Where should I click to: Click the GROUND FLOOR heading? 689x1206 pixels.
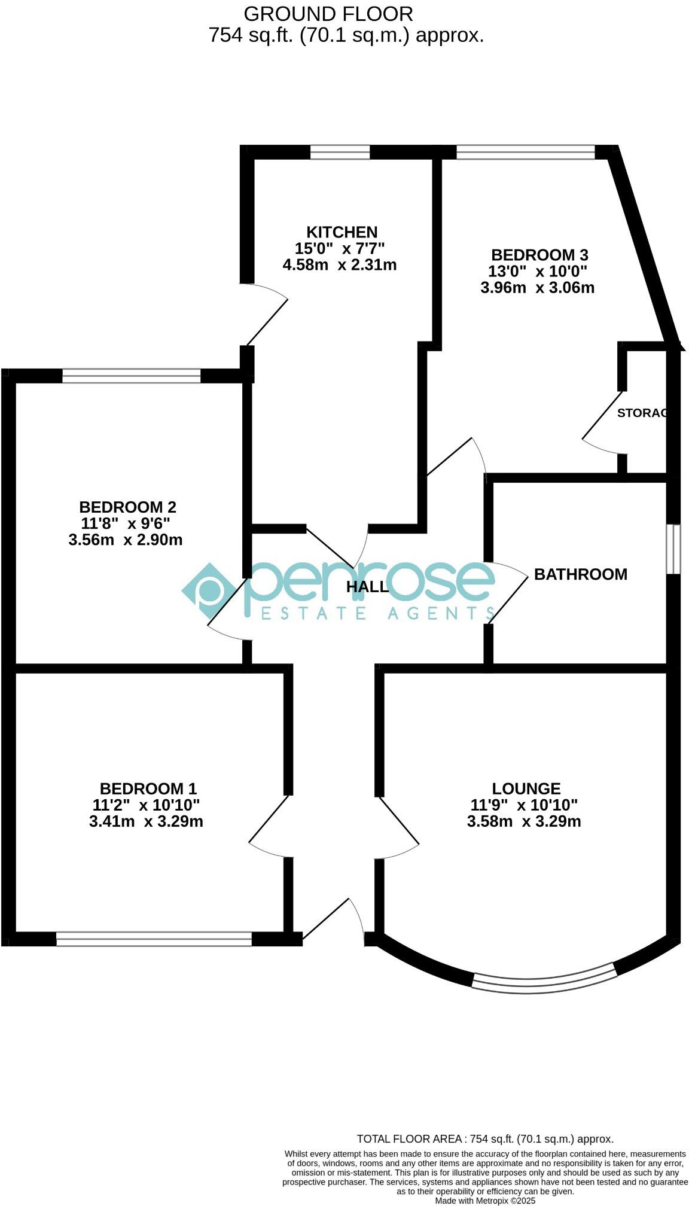click(328, 13)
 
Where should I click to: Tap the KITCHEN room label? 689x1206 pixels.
click(342, 232)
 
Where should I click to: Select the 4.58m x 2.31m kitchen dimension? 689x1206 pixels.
click(339, 264)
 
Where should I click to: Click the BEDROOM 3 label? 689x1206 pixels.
click(539, 255)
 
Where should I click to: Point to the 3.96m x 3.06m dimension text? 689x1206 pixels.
click(537, 288)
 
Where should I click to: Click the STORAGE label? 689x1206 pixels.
click(641, 413)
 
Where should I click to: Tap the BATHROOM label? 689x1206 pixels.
click(580, 574)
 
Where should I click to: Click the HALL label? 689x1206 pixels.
click(367, 587)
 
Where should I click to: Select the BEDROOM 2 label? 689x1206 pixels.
click(127, 507)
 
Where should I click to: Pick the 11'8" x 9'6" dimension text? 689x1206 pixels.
click(126, 523)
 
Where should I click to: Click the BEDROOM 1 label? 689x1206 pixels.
click(148, 788)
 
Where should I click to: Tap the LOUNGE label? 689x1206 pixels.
click(526, 788)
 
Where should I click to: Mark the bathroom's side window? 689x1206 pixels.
click(673, 549)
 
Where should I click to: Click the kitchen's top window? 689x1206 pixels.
click(340, 153)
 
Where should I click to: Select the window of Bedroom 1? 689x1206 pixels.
click(154, 939)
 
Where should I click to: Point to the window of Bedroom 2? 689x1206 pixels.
click(131, 376)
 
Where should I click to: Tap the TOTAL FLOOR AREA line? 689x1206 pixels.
click(484, 1139)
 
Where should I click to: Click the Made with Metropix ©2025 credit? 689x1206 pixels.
click(484, 1200)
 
